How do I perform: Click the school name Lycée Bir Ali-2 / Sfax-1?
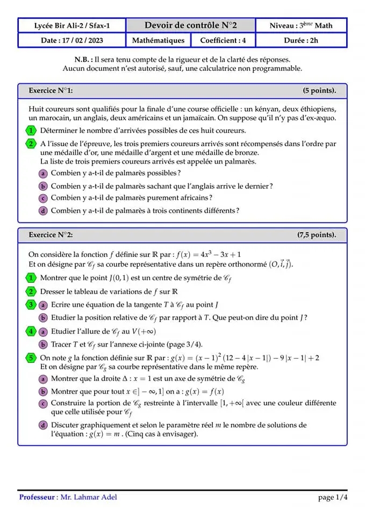(71, 25)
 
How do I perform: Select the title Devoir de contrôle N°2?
(190, 25)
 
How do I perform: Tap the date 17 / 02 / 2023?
(71, 40)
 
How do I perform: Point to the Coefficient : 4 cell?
(223, 40)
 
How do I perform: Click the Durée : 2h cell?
(301, 40)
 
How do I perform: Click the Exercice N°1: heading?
(51, 91)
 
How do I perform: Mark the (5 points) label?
(319, 91)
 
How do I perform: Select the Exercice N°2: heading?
(51, 235)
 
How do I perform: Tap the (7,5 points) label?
(317, 235)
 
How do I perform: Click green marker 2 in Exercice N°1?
(31, 144)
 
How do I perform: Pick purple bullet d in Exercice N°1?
(43, 211)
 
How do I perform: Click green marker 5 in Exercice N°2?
(31, 357)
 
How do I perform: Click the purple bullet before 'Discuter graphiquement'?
(43, 425)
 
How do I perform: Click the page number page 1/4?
(332, 498)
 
